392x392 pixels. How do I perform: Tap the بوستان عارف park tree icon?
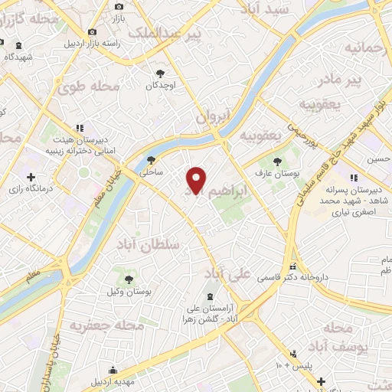click(x=278, y=161)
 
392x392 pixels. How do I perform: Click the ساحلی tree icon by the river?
click(x=150, y=161)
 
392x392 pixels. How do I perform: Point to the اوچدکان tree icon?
click(x=160, y=73)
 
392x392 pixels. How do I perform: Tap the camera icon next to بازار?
click(x=119, y=6)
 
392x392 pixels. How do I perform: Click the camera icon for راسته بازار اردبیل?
click(x=92, y=31)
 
